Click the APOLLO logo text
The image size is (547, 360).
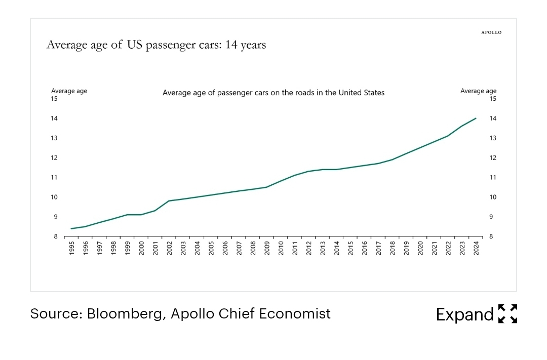[x=491, y=32]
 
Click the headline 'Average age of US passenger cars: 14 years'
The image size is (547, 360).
[x=156, y=45]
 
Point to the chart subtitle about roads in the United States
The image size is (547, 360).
[x=273, y=93]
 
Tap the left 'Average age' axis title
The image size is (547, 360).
[x=69, y=91]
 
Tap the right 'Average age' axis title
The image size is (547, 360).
[x=478, y=91]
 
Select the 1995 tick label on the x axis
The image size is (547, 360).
[x=71, y=249]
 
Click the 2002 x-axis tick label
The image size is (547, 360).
[x=169, y=249]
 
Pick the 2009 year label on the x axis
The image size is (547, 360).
[x=267, y=249]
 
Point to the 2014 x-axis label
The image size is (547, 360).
[x=337, y=249]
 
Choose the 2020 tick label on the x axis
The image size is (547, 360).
[x=420, y=249]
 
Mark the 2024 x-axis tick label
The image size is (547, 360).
[x=476, y=249]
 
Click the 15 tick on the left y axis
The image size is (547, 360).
[x=54, y=99]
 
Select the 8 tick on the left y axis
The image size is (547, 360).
[x=56, y=236]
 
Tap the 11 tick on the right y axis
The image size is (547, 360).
[x=492, y=177]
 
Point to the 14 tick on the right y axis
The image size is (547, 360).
[x=492, y=118]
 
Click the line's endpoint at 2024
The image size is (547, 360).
[x=476, y=118]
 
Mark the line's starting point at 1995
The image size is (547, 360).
[x=71, y=228]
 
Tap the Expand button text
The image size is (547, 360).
[x=464, y=314]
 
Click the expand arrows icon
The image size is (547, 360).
[x=507, y=314]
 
